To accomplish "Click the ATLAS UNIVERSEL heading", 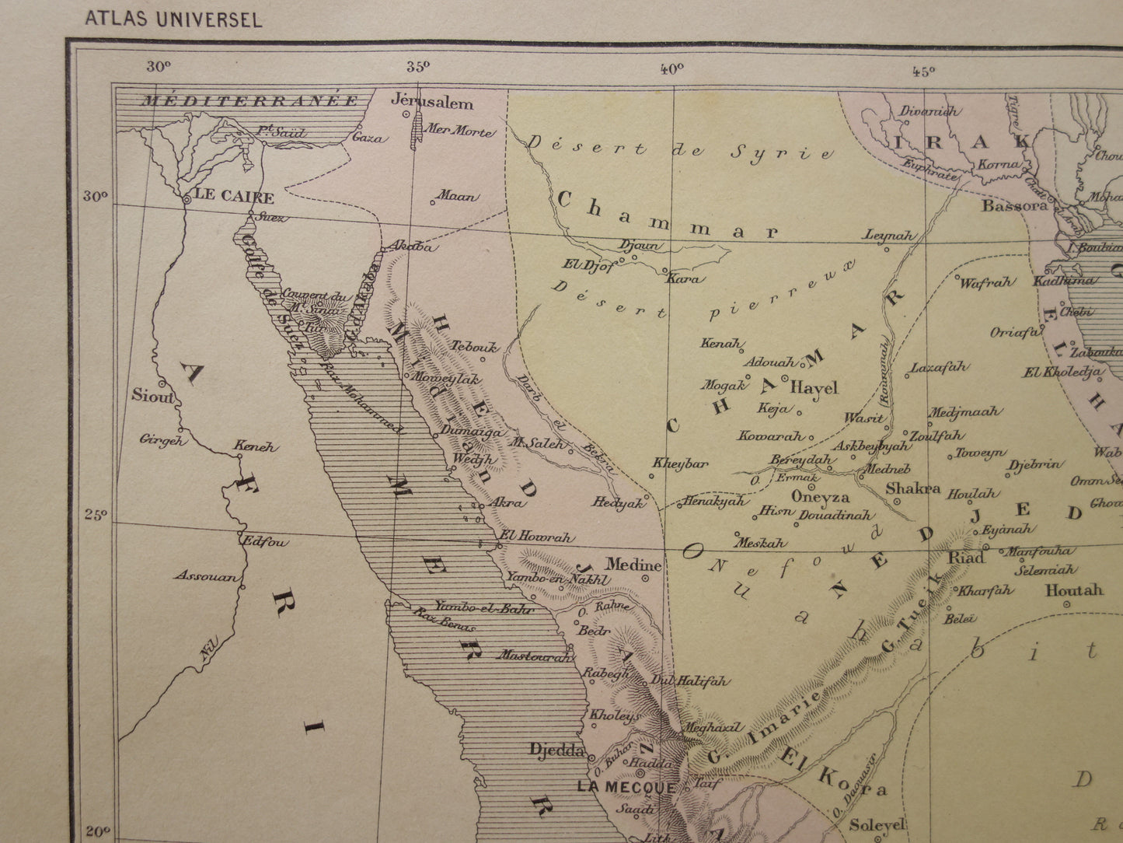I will (173, 19).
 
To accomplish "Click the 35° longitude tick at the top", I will (418, 66).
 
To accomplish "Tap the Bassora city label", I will (1014, 206).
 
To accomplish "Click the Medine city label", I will (633, 564).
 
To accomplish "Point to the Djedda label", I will (556, 750).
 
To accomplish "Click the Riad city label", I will (966, 558).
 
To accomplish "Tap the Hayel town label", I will (814, 387).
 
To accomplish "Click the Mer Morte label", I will (462, 132).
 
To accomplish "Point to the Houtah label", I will (1073, 590).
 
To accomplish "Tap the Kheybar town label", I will (680, 463).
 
